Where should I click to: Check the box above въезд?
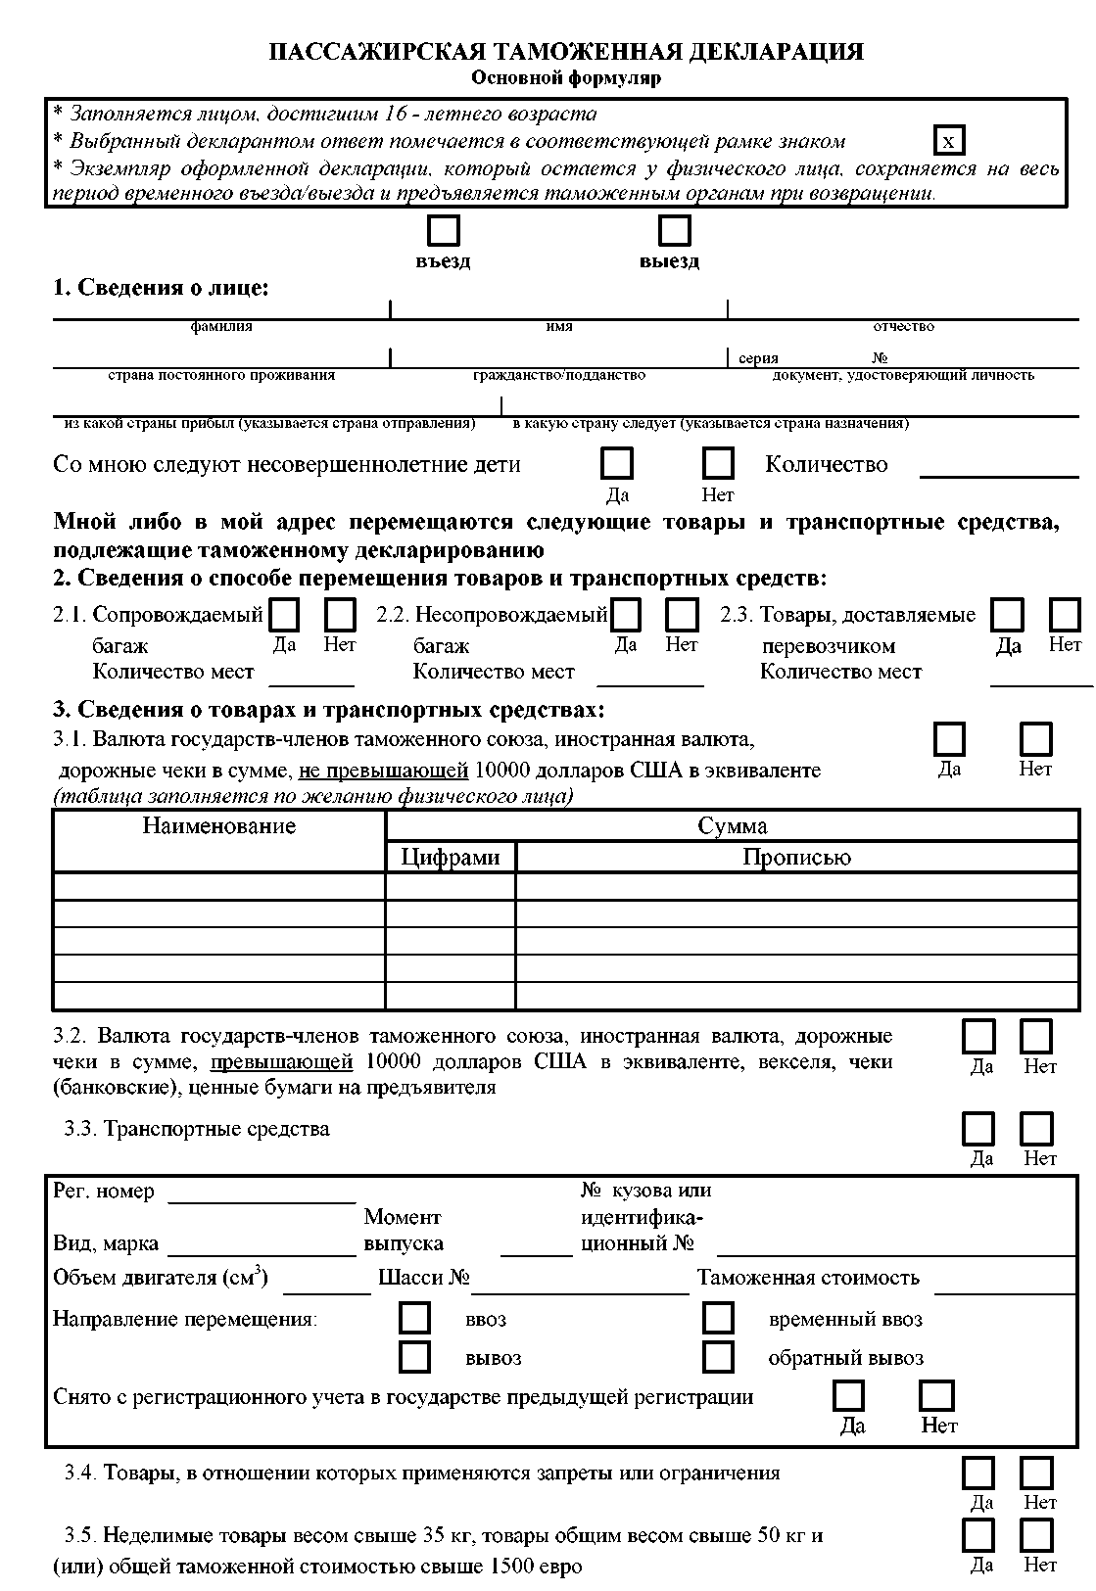(444, 231)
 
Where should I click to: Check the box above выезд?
(674, 231)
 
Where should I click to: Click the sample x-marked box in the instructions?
(948, 141)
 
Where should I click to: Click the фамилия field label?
(221, 327)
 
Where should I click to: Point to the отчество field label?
(903, 327)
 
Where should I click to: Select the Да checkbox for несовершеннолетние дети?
(617, 463)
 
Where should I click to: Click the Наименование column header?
(218, 826)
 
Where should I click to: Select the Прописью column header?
(796, 858)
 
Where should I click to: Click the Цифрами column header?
(451, 858)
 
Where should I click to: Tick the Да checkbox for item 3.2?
(979, 1036)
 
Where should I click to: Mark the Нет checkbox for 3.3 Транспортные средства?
(1037, 1129)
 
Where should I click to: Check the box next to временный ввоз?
(718, 1318)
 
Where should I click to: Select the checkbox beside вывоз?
(415, 1357)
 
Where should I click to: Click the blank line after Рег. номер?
(262, 1193)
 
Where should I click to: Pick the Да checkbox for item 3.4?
(979, 1473)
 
